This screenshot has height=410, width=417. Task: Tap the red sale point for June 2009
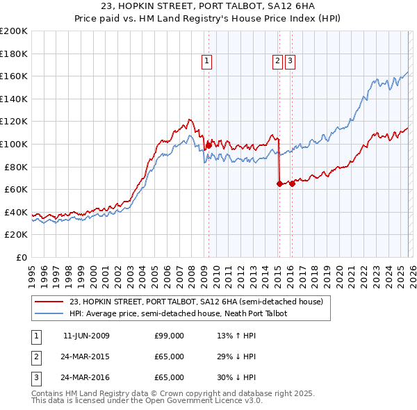(x=208, y=145)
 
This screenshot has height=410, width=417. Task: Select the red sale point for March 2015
(x=279, y=183)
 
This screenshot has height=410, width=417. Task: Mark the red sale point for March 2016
(x=292, y=183)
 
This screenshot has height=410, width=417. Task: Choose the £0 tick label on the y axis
(x=21, y=258)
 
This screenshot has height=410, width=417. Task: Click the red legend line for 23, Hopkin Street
(x=48, y=302)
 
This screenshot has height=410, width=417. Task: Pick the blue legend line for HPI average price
(x=48, y=314)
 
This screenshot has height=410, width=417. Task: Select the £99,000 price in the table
(x=169, y=336)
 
